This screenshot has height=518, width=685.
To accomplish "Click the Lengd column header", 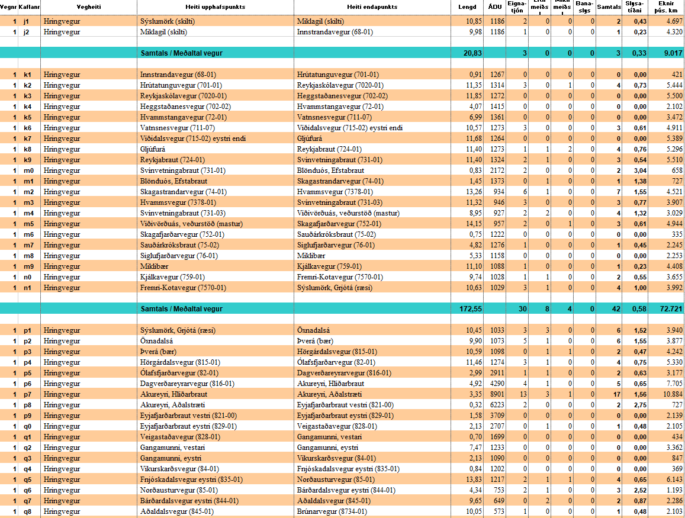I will click(x=467, y=7).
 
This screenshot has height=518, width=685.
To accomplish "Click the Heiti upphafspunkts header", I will click(x=216, y=7).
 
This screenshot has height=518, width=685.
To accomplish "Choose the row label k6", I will click(x=27, y=128).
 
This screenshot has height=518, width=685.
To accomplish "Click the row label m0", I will click(x=27, y=170).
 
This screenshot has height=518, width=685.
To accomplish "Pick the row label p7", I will click(x=27, y=394).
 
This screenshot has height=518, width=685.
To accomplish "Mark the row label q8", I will click(x=27, y=511).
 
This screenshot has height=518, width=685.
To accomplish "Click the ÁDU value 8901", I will click(x=497, y=394).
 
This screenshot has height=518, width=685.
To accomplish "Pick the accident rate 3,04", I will click(x=638, y=170).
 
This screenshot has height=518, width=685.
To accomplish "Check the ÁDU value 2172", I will click(x=497, y=170).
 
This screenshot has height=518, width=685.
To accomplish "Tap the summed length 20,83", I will click(x=472, y=53).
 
